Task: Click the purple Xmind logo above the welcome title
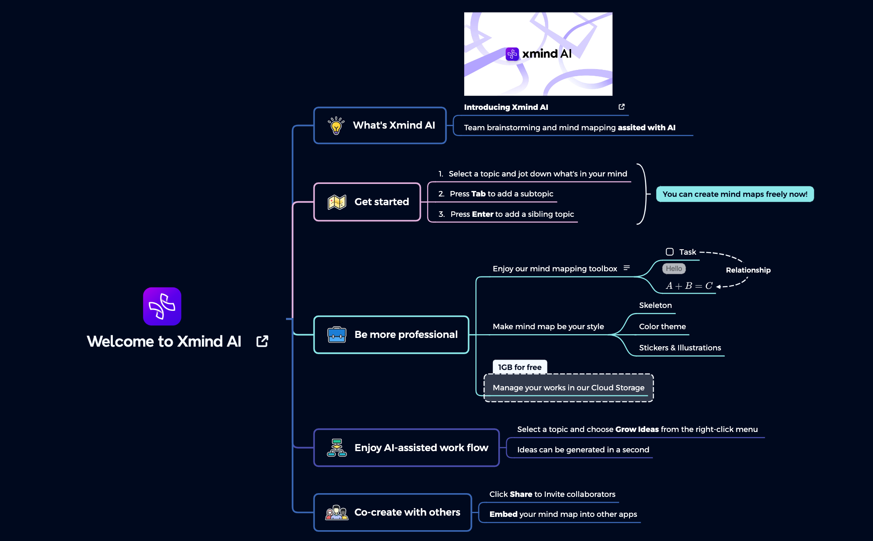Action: pos(162,306)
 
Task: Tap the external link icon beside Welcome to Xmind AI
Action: pos(262,341)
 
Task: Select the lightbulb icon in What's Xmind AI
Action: pos(336,125)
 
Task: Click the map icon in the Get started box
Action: pos(337,202)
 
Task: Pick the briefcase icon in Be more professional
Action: pos(337,335)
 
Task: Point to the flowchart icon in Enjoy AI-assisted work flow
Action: pos(337,448)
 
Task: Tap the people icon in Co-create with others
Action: pos(336,513)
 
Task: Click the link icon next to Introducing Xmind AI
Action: pos(622,107)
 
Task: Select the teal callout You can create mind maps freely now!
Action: pos(735,194)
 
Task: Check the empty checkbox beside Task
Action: pos(669,252)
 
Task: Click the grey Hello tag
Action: pos(674,269)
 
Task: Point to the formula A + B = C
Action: pos(689,286)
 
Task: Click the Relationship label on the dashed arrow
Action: pos(748,270)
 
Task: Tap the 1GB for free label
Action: pos(520,367)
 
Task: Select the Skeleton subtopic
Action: pos(655,305)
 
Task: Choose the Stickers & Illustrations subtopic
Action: pos(680,348)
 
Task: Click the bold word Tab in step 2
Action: pos(478,194)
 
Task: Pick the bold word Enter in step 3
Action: pos(483,214)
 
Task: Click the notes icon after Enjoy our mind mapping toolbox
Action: pos(627,268)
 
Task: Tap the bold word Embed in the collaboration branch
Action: pos(503,514)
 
